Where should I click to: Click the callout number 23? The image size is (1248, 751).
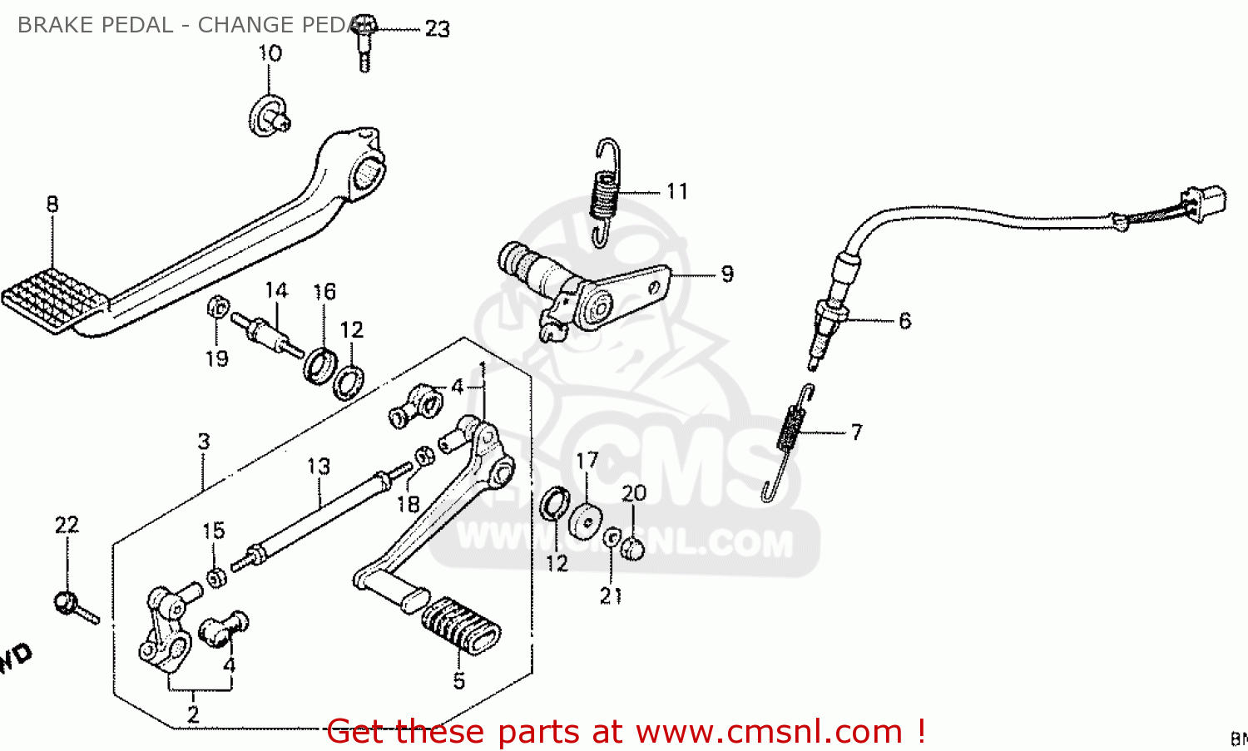pyautogui.click(x=437, y=29)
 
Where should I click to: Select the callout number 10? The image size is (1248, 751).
pyautogui.click(x=270, y=54)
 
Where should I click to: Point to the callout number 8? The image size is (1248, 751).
pyautogui.click(x=52, y=205)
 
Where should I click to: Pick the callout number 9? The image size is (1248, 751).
pyautogui.click(x=727, y=274)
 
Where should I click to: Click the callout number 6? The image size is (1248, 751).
pyautogui.click(x=904, y=321)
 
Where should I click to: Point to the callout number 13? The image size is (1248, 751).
pyautogui.click(x=319, y=467)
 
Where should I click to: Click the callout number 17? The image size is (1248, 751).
pyautogui.click(x=587, y=461)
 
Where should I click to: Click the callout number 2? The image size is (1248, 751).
pyautogui.click(x=193, y=714)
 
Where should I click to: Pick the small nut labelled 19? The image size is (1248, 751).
pyautogui.click(x=217, y=307)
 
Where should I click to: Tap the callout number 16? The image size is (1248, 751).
pyautogui.click(x=324, y=292)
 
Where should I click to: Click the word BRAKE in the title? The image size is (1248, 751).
pyautogui.click(x=53, y=25)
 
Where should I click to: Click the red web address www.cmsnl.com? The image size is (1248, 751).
pyautogui.click(x=769, y=732)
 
